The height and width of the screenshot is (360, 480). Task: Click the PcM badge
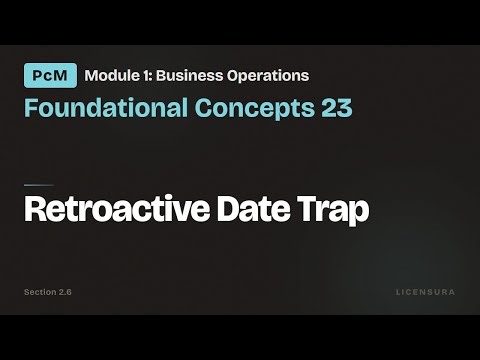[50, 75]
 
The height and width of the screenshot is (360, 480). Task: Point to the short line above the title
[39, 185]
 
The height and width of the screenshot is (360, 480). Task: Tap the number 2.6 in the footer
[65, 292]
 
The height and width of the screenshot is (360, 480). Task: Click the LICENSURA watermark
[425, 292]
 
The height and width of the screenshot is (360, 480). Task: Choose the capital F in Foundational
[31, 108]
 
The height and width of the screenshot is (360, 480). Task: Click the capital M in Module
[92, 75]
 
